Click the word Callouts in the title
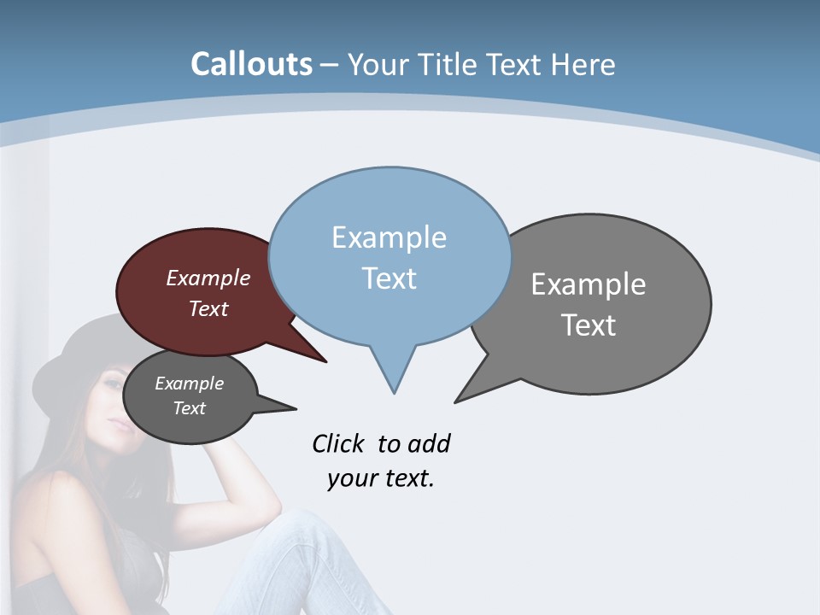click(251, 64)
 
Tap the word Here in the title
click(583, 65)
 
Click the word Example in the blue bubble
click(389, 237)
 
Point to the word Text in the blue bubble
click(389, 278)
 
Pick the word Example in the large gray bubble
click(589, 284)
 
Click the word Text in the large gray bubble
click(589, 325)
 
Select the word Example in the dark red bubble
click(208, 278)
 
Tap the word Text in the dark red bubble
click(208, 308)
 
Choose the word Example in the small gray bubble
click(189, 384)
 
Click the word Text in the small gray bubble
click(189, 408)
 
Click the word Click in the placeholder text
click(337, 444)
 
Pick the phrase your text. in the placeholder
click(381, 478)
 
